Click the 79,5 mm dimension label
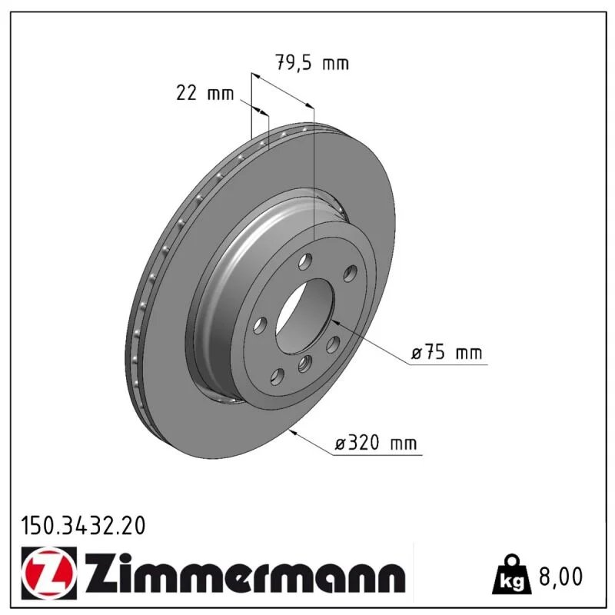312,62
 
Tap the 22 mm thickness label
204,93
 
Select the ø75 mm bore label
447,352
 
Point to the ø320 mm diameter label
376,443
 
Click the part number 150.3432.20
83,526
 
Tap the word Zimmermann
245,573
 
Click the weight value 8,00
561,576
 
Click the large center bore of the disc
304,316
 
